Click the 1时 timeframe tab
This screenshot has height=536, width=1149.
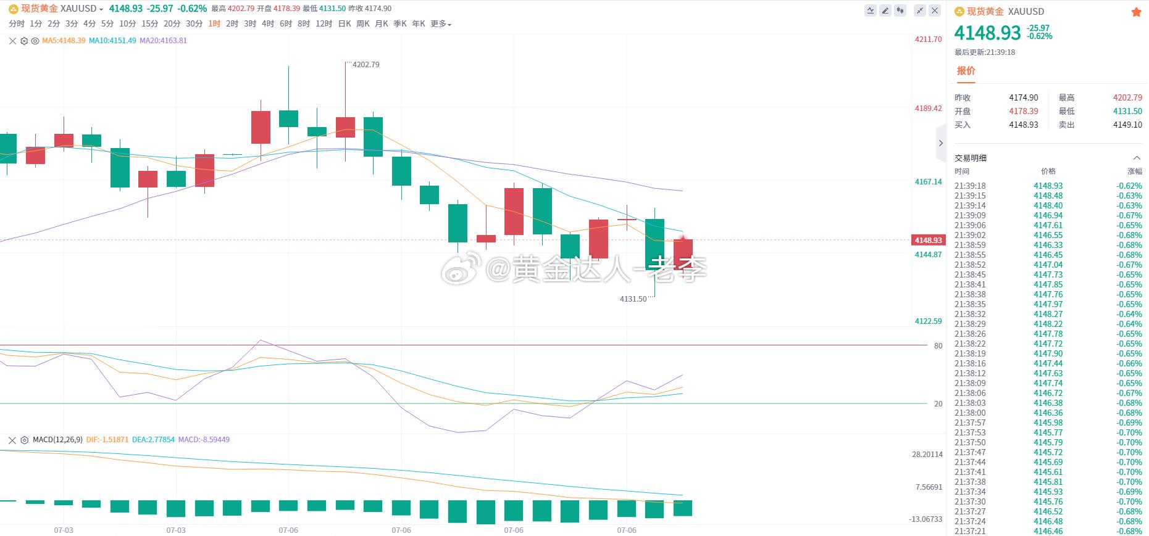(214, 24)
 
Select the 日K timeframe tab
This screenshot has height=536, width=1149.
(345, 24)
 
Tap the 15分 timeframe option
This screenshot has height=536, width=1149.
(149, 24)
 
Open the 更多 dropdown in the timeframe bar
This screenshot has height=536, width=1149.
(441, 24)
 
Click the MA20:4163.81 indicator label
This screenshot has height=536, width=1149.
(164, 41)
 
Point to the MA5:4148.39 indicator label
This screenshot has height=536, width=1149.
(64, 41)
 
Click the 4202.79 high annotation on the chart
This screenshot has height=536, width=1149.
(366, 65)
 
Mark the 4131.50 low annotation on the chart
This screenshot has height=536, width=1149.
(633, 299)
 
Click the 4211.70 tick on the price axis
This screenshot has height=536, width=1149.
(928, 39)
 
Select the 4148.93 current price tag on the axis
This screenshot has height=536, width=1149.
(928, 241)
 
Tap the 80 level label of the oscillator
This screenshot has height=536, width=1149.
(938, 346)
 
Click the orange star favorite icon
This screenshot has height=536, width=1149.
(1136, 12)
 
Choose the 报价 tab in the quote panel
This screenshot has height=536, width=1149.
(966, 71)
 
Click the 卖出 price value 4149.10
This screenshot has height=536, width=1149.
(1127, 125)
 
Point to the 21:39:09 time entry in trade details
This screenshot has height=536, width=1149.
(970, 216)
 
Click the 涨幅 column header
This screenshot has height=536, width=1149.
(1135, 171)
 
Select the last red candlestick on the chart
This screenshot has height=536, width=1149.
(683, 254)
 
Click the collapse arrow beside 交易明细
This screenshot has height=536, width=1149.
(1137, 158)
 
